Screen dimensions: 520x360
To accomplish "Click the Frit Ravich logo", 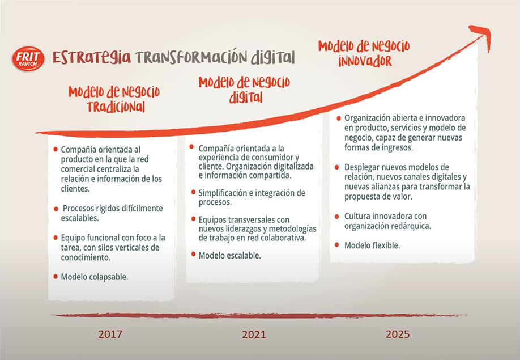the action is (28, 59).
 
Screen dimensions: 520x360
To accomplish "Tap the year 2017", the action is (110, 334).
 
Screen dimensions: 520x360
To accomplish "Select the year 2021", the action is (254, 334).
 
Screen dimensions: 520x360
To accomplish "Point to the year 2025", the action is (398, 334).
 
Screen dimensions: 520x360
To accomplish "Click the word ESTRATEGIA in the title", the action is (92, 57).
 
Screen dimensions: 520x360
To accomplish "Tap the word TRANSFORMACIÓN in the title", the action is (191, 57).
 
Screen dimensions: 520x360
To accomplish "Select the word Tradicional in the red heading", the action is (116, 107).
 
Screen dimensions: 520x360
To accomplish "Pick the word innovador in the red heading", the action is (365, 61).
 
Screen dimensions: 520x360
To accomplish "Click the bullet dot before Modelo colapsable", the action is (56, 277).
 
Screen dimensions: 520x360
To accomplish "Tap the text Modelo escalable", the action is (229, 256).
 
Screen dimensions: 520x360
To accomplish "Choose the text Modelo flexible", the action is (372, 245).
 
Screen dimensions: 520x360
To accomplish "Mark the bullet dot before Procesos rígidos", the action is (56, 209).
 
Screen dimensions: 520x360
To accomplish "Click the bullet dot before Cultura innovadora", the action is (337, 217).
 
